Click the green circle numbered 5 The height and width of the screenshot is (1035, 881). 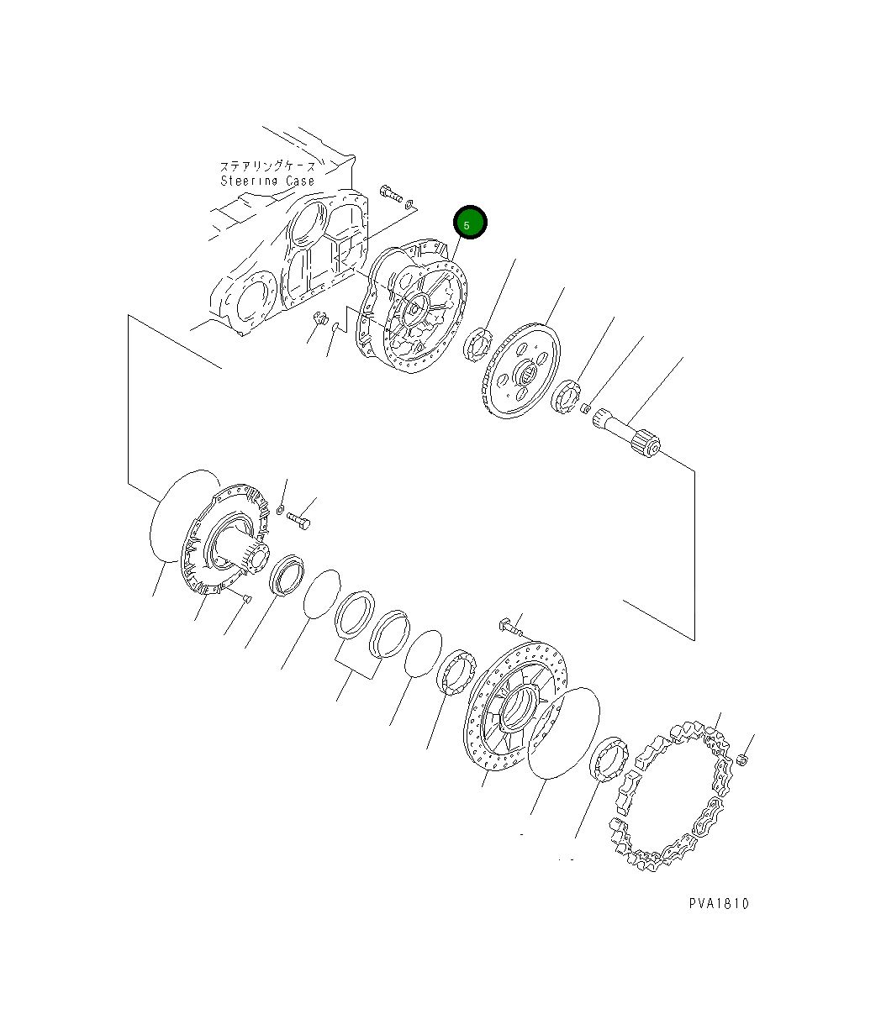[470, 223]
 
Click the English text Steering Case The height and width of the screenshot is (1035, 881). [267, 181]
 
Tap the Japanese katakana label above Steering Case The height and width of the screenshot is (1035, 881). [267, 166]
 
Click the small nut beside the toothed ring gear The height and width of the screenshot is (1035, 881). [741, 760]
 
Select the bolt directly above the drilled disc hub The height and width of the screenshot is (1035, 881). [510, 625]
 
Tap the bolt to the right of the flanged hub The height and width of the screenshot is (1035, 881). [299, 521]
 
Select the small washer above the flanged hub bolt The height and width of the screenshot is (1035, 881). [280, 509]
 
